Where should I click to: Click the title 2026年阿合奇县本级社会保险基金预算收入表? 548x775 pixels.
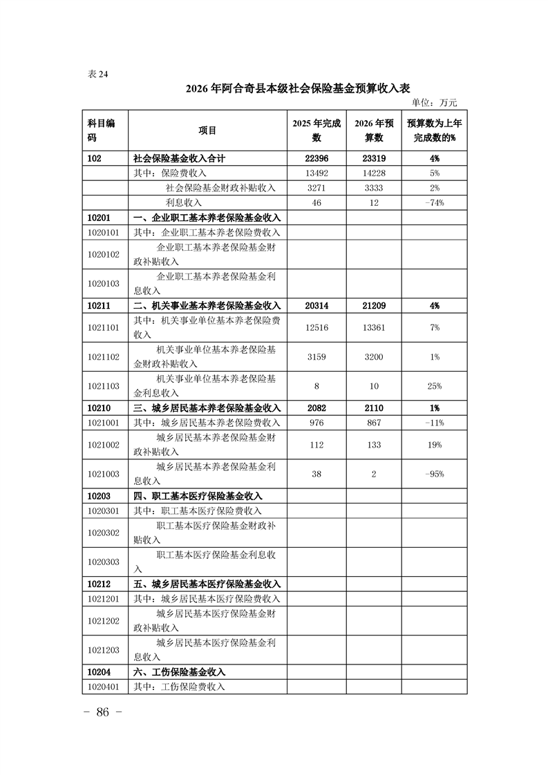pyautogui.click(x=298, y=89)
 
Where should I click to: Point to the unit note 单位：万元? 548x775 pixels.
pyautogui.click(x=434, y=103)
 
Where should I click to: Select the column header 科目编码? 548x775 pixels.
pyautogui.click(x=102, y=130)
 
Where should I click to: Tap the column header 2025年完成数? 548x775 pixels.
pyautogui.click(x=316, y=130)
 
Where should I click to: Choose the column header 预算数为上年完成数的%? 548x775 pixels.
pyautogui.click(x=434, y=130)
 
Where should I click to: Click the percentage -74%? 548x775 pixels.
pyautogui.click(x=434, y=202)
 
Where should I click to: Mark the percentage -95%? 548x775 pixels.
pyautogui.click(x=434, y=474)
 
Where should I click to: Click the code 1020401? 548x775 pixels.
pyautogui.click(x=104, y=687)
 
